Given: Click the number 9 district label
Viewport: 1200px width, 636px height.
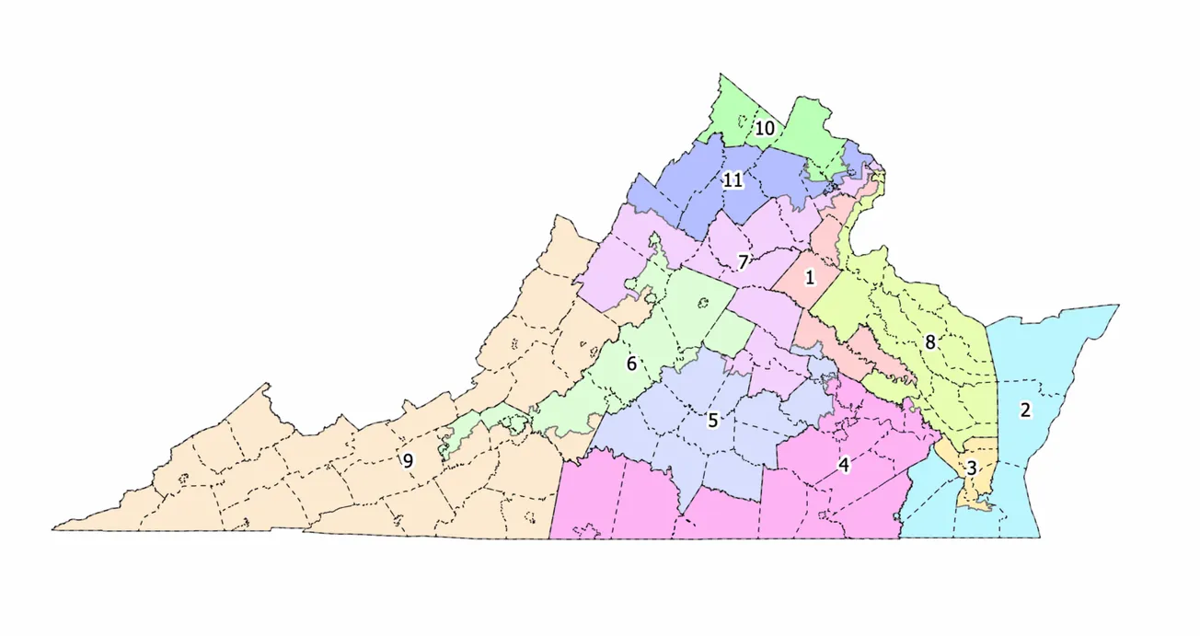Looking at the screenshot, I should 408,461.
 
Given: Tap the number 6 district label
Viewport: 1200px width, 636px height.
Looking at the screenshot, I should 631,364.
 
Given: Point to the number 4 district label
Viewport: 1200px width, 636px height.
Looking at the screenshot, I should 844,466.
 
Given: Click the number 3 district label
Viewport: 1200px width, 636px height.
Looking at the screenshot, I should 972,468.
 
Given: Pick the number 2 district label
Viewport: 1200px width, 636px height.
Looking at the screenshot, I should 1024,411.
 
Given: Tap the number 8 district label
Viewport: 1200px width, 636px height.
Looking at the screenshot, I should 930,343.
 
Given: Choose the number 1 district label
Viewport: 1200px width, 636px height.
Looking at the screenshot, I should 810,276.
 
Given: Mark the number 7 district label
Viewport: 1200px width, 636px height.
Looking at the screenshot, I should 742,261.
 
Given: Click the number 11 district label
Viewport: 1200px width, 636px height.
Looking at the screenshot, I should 733,180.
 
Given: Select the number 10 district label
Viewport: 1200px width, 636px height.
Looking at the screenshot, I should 765,128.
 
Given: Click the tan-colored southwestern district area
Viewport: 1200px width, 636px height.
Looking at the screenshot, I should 276,479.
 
